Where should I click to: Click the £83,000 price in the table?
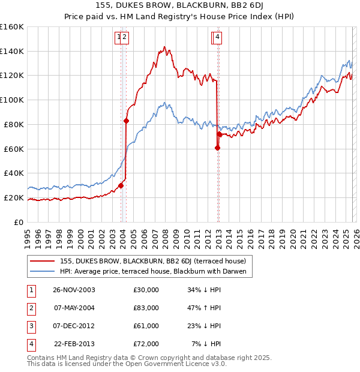[146, 308]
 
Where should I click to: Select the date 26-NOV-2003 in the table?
[74, 290]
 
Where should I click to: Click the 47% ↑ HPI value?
[204, 308]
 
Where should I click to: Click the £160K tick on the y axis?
[12, 27]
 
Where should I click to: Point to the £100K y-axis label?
[12, 100]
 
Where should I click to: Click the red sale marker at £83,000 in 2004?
[126, 121]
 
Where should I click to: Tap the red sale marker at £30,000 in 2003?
[121, 185]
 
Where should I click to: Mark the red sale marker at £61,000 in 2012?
[217, 148]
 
